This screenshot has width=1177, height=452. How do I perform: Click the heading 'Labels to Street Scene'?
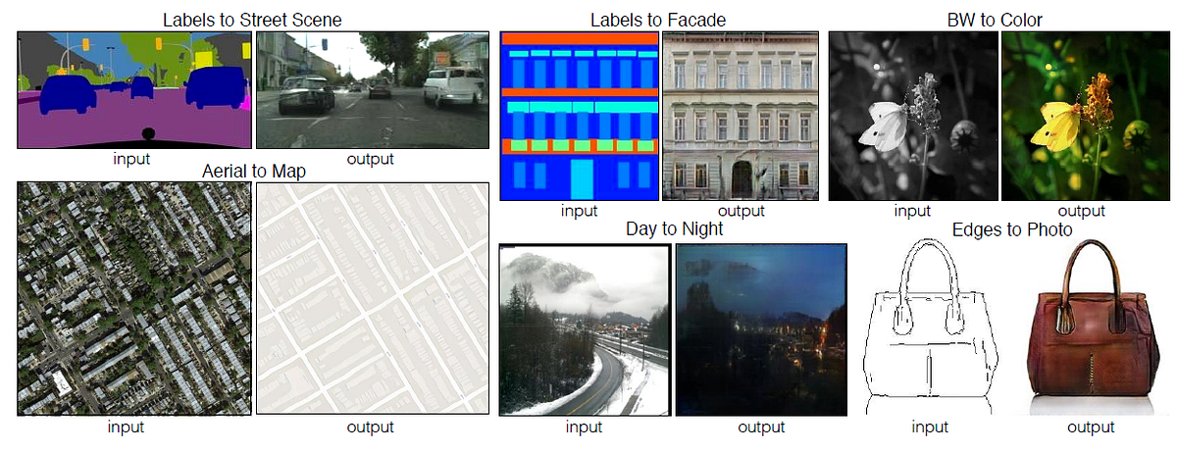coord(253,19)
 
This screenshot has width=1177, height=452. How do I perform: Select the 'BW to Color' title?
coord(994,19)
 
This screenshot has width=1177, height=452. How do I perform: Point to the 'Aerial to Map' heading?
coord(254,171)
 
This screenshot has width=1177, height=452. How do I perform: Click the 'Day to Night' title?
coord(674,229)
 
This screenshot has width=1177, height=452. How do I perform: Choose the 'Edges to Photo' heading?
coord(1011,229)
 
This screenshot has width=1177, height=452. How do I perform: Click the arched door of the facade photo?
coord(742,178)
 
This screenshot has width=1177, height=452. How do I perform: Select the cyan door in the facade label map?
coord(582,177)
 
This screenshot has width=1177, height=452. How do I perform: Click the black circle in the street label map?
coord(146,133)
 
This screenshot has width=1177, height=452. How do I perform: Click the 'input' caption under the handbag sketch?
coord(929,427)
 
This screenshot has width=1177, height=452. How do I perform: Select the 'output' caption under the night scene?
coord(761,427)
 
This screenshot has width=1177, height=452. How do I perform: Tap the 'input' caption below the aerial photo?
coord(127,427)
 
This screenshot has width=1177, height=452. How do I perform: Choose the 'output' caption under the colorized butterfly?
coord(1081,211)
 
